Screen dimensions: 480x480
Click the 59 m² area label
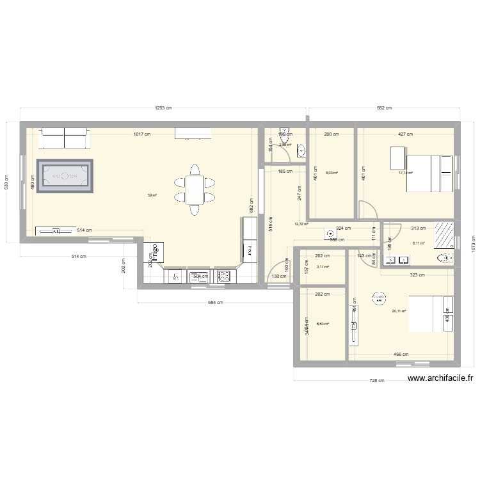point(152,196)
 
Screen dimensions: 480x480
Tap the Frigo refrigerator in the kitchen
point(154,253)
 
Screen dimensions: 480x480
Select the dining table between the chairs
point(195,189)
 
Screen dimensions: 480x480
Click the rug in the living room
point(65,175)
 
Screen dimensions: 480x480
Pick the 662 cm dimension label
point(383,109)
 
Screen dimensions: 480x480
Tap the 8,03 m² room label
point(332,172)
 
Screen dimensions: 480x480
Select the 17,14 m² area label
point(406,173)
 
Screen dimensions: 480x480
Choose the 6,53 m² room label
point(323,324)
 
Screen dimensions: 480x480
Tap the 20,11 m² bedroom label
point(399,312)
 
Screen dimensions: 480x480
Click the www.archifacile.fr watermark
point(440,378)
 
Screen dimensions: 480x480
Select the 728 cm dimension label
point(377,381)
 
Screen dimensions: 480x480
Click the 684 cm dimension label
point(216,303)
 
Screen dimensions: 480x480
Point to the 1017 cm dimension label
point(142,134)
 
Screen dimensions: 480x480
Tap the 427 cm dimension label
point(405,134)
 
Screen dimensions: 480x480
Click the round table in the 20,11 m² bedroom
point(380,297)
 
